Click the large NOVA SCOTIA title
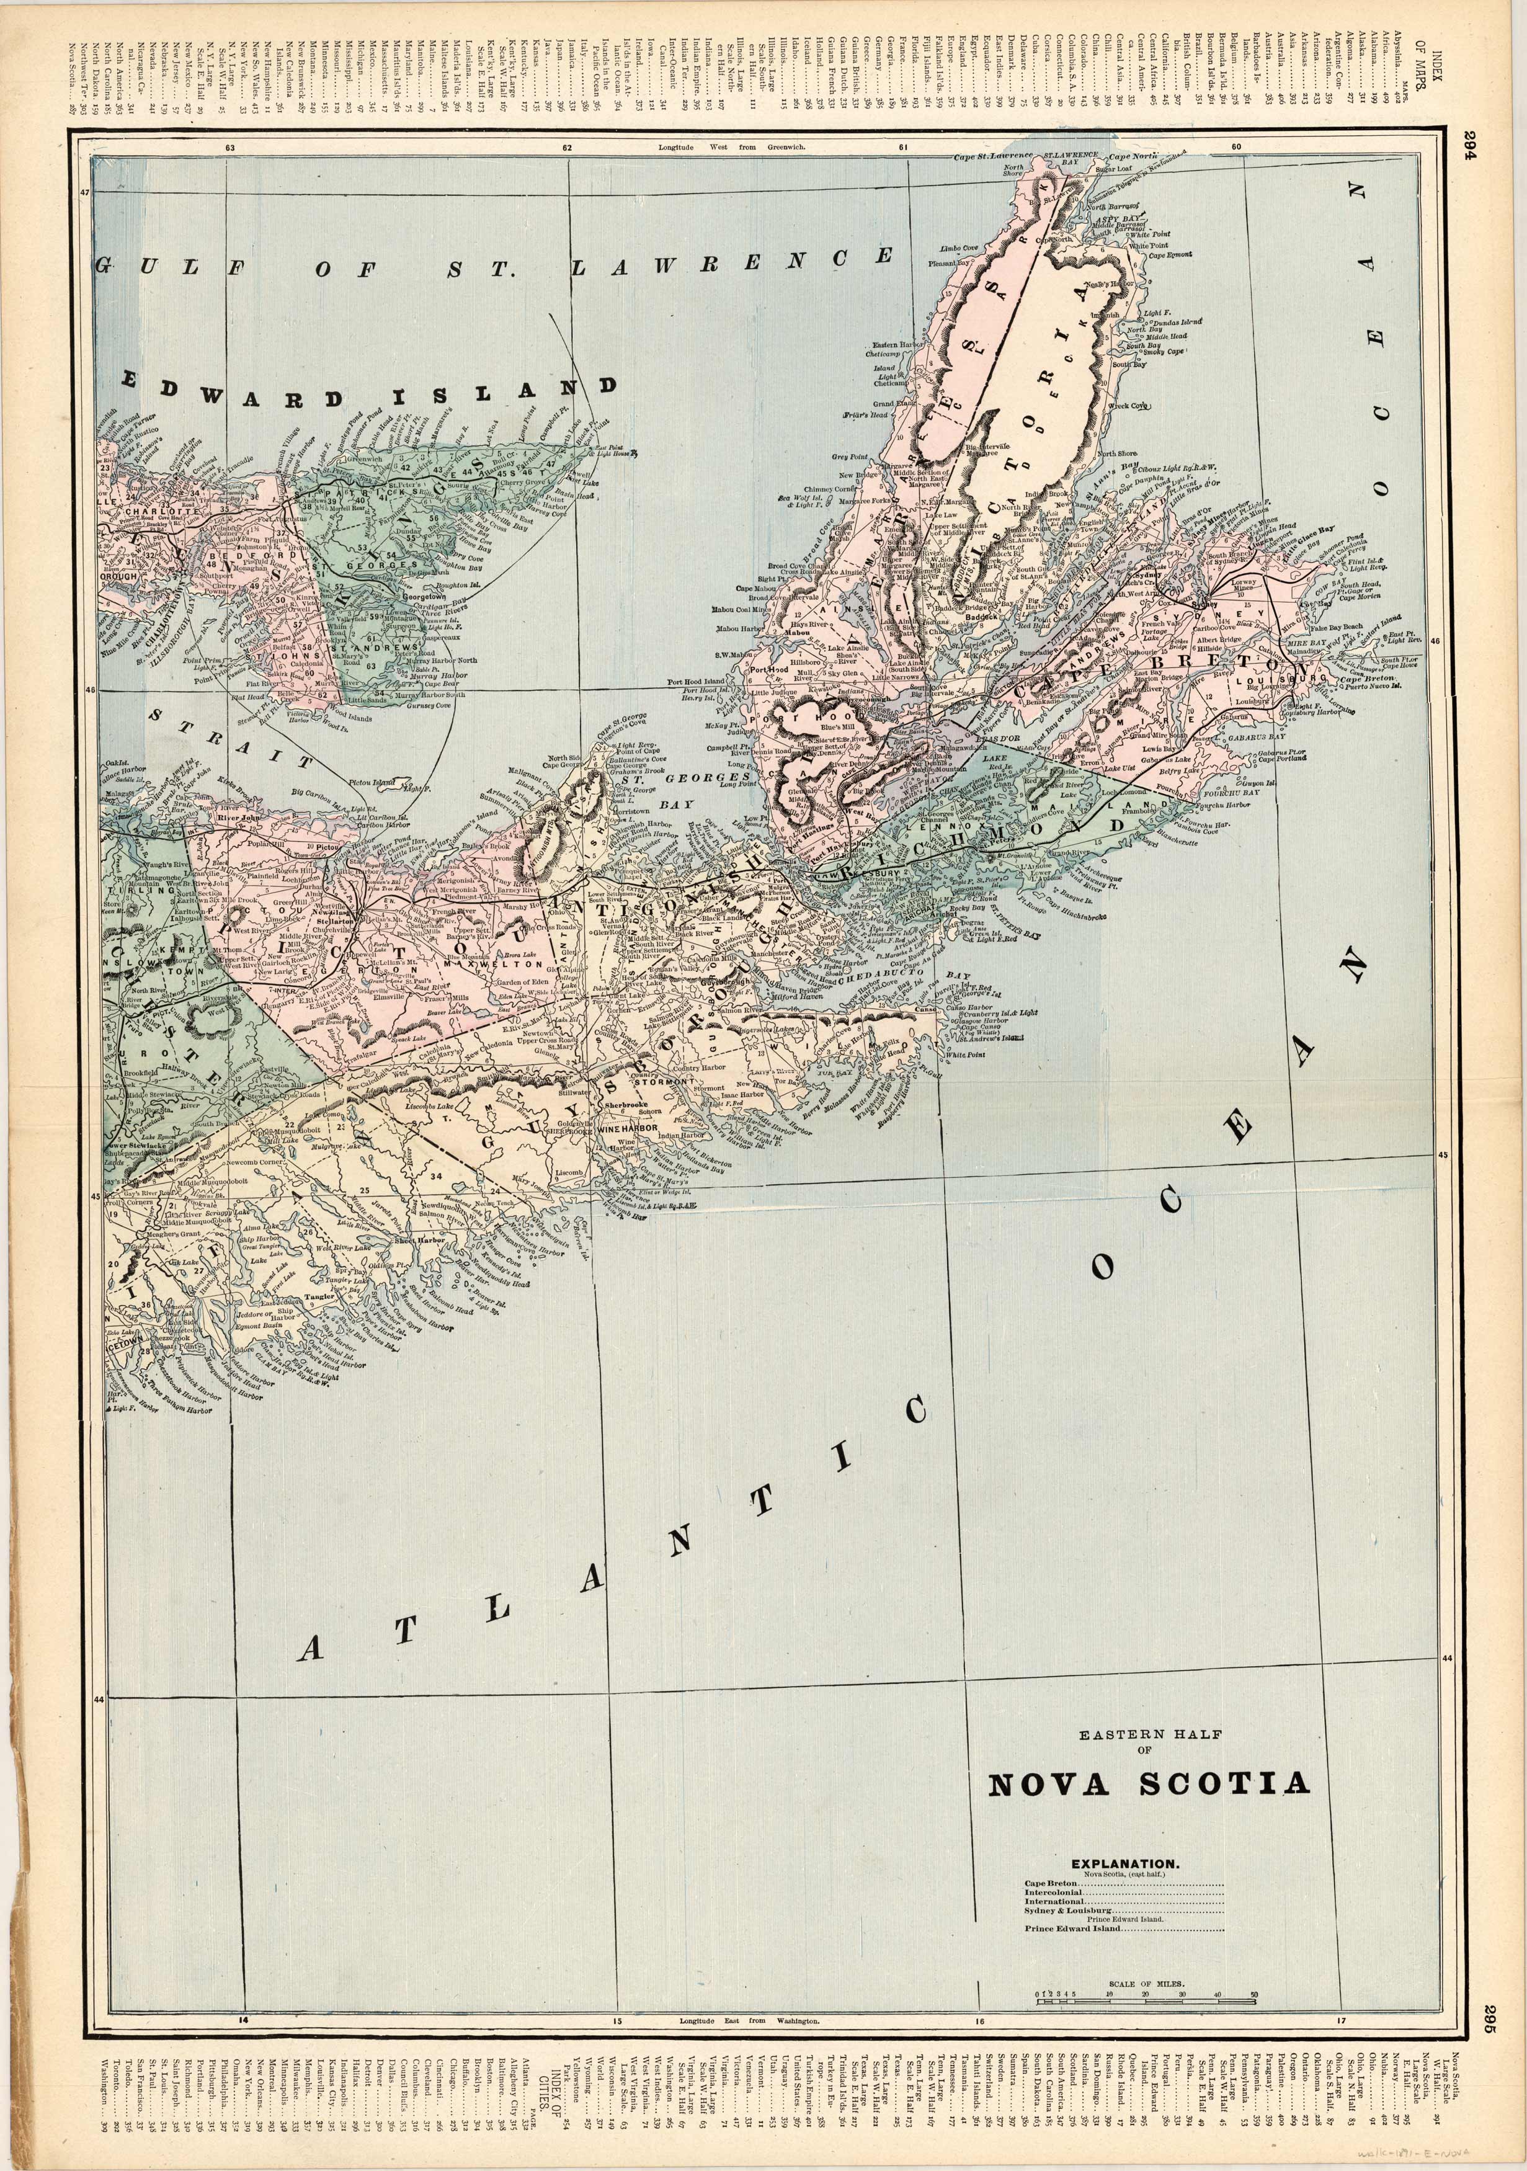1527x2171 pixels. pos(1149,1782)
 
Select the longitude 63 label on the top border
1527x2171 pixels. pos(229,148)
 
